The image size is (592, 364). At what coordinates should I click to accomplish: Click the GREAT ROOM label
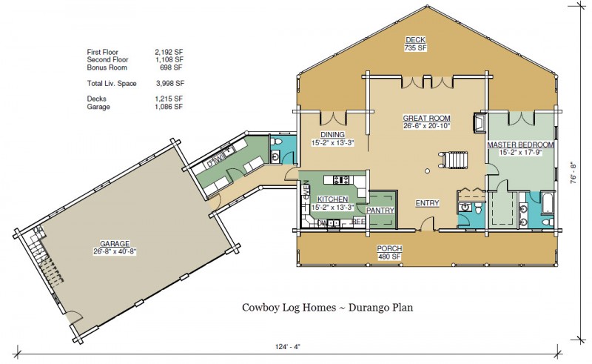(x=426, y=118)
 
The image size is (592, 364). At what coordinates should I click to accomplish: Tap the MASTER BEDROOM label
(x=520, y=144)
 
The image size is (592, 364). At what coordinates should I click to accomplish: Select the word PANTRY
(x=380, y=211)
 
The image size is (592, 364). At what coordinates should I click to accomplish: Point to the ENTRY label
(x=427, y=203)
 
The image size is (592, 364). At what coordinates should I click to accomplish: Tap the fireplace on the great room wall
(x=480, y=123)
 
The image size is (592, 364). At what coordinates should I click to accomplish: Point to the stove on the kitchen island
(x=341, y=179)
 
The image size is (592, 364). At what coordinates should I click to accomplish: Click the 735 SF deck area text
(x=415, y=48)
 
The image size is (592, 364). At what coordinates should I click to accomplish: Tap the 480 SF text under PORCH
(x=389, y=257)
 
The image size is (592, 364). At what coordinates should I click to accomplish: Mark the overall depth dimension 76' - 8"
(x=574, y=175)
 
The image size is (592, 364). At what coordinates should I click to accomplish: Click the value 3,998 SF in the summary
(x=170, y=84)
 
